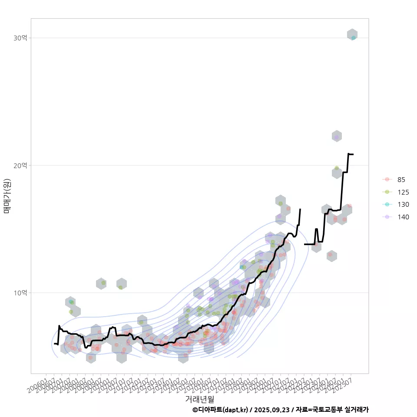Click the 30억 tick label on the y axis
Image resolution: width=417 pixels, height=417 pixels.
tap(20, 38)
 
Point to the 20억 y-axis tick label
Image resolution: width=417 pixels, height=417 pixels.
tap(20, 165)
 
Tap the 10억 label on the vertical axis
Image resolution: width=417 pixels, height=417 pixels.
tap(20, 293)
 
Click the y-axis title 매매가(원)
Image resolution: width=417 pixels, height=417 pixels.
tap(7, 196)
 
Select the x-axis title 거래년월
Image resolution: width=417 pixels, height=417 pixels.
tap(199, 399)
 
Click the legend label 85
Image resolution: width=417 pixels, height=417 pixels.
tap(401, 179)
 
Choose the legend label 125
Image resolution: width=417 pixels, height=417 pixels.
tap(403, 192)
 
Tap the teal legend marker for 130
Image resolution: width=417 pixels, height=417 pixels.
tap(386, 205)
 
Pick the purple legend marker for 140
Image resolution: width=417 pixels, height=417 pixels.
tap(386, 217)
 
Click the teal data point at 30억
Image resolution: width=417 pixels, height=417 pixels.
tap(354, 38)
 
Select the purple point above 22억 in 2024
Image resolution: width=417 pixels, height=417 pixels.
tap(336, 137)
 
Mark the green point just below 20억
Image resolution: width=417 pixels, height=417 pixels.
tap(337, 168)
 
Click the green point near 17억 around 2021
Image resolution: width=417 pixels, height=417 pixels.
tap(281, 203)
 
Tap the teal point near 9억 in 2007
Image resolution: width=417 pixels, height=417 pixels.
tap(70, 301)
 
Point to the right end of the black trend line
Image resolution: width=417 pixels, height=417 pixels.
tap(353, 154)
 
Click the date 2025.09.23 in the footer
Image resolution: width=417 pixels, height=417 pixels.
tap(270, 410)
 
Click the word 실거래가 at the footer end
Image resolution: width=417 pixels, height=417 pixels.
tap(357, 410)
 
